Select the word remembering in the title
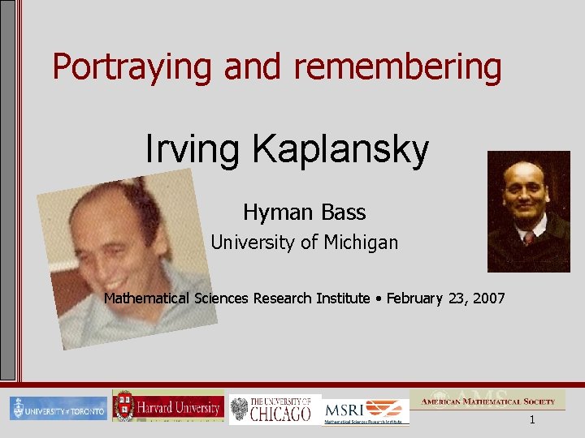coord(397,67)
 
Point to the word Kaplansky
coord(340,149)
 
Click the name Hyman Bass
coord(304,213)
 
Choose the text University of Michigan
coord(305,242)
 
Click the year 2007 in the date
coord(485,298)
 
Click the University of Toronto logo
coord(58,409)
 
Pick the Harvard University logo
coord(168,406)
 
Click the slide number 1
coord(532,420)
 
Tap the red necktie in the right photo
coord(529,237)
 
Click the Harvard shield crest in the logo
coord(123,406)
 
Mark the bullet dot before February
coord(379,298)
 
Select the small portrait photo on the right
coord(528,211)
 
